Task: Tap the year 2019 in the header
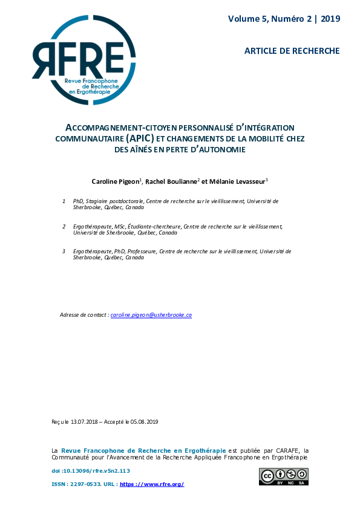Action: pos(330,19)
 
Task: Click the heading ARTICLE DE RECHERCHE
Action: pos(292,51)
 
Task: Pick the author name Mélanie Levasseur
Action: pos(238,181)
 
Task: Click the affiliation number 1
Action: pos(64,201)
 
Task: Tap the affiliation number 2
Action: pos(64,226)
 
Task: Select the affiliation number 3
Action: pos(64,251)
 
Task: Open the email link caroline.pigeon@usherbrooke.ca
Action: pos(151,315)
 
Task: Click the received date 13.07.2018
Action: pos(82,421)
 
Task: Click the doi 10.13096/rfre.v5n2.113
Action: pos(94,470)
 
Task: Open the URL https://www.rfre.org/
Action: pos(152,484)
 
